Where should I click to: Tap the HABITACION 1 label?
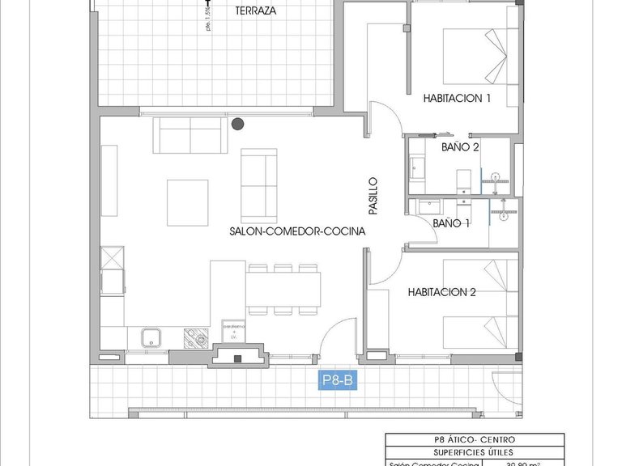[458, 99]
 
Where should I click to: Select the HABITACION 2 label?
[441, 293]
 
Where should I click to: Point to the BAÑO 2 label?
[460, 147]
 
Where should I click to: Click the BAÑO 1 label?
[452, 223]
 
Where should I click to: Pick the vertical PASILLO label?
[373, 196]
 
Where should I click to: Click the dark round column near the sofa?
[237, 124]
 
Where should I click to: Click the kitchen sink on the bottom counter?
[149, 337]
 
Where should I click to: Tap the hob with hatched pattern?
[195, 337]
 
